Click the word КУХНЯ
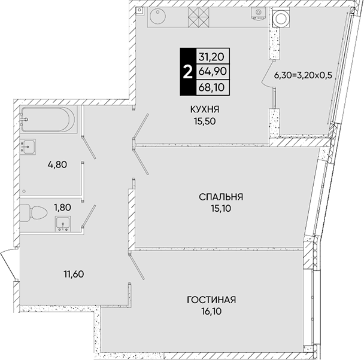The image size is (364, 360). click(x=205, y=109)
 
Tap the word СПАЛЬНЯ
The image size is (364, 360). click(x=221, y=197)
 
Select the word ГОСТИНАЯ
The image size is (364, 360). click(x=211, y=300)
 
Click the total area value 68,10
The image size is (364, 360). click(x=211, y=87)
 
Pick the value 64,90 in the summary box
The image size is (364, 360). click(x=213, y=71)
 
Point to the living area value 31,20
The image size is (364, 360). click(x=211, y=57)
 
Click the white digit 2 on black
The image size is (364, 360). click(x=188, y=72)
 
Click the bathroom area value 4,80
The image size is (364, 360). click(x=57, y=165)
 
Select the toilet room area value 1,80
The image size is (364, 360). click(x=62, y=208)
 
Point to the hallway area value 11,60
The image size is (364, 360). click(x=74, y=274)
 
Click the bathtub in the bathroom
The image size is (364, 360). click(x=48, y=120)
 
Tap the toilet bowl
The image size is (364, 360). click(x=34, y=212)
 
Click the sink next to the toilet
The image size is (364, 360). click(x=63, y=224)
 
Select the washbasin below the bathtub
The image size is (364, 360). click(x=28, y=147)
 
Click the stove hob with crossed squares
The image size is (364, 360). click(x=199, y=17)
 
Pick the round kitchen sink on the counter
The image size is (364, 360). click(x=157, y=17)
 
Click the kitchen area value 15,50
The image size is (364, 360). click(x=205, y=121)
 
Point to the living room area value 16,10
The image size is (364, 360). click(x=211, y=312)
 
